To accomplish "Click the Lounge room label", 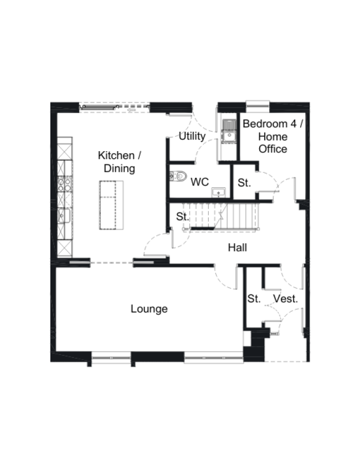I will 149,309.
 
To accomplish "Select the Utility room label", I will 192,136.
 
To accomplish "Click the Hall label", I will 238,248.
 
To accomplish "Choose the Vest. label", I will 286,299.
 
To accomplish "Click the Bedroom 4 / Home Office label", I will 273,136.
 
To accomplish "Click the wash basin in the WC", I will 220,192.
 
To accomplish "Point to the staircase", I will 222,214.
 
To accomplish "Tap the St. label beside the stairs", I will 183,217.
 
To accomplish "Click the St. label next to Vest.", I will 254,299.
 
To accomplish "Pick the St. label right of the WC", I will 244,182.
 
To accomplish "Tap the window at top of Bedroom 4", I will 258,104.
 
